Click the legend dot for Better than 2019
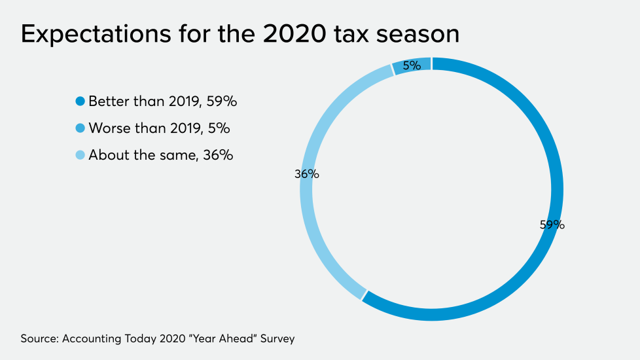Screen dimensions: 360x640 [80, 101]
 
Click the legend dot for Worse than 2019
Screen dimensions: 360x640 [80, 128]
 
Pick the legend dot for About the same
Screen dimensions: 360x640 [80, 155]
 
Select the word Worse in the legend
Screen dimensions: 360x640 [109, 128]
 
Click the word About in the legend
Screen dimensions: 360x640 [106, 155]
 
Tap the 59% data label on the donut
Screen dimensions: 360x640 [552, 225]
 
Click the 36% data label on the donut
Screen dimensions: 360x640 [306, 174]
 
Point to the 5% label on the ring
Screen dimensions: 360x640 [412, 65]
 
